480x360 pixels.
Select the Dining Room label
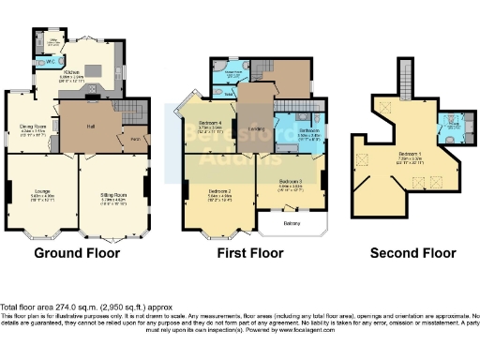pyautogui.click(x=34, y=127)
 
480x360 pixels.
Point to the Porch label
pyautogui.click(x=134, y=140)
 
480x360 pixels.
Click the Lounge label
pyautogui.click(x=43, y=191)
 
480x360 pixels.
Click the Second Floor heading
pyautogui.click(x=412, y=253)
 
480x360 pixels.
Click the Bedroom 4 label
pyautogui.click(x=210, y=124)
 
